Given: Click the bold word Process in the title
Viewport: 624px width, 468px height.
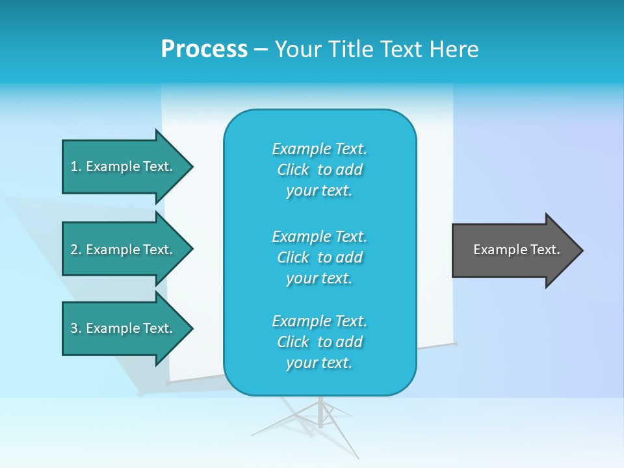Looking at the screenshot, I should point(204,49).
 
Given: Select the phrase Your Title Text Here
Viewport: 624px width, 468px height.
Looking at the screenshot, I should point(376,49).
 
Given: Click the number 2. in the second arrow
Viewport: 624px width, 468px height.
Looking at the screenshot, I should point(75,250).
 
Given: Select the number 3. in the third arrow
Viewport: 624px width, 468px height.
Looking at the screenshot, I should point(75,328).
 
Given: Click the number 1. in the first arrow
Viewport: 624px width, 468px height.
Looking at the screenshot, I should point(75,166).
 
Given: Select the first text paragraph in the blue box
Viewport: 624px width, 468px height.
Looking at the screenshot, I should point(319,170).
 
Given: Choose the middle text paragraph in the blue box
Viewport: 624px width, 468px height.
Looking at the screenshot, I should point(319,257).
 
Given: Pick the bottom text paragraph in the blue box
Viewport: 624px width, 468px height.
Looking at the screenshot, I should point(319,342).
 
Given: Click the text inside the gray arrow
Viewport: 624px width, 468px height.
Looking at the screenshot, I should point(516,250).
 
